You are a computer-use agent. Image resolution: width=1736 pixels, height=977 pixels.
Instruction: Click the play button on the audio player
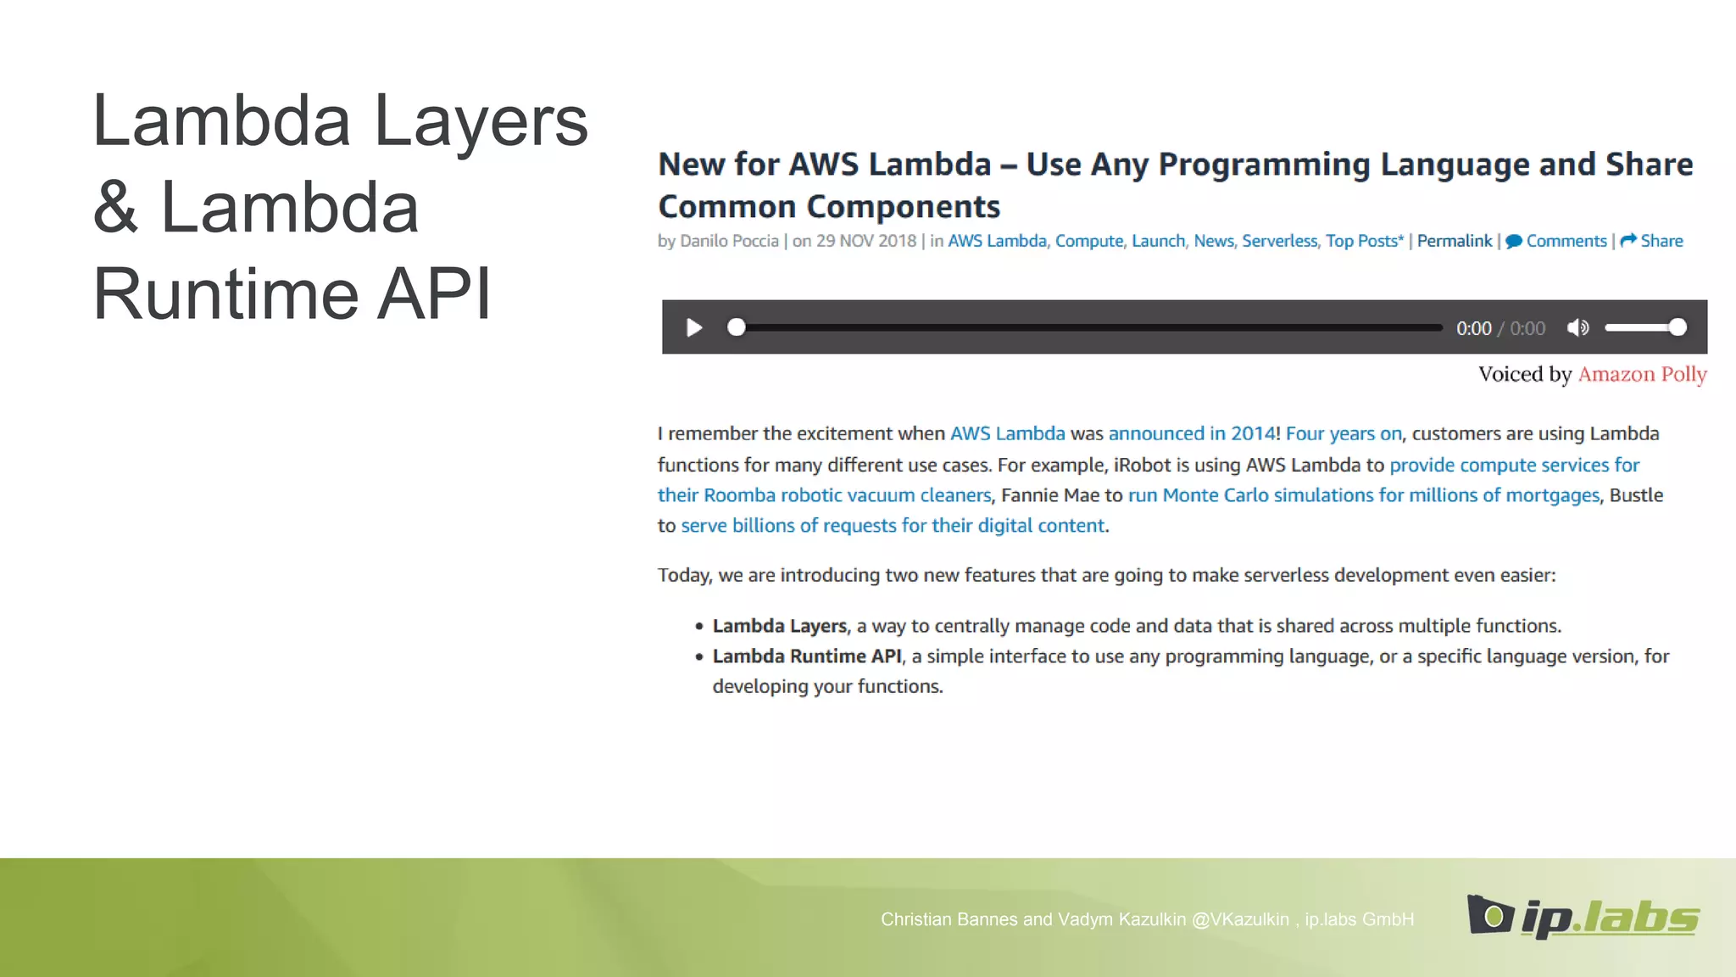pyautogui.click(x=693, y=328)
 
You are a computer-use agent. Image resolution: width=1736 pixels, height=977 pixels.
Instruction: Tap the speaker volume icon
pyautogui.click(x=1577, y=328)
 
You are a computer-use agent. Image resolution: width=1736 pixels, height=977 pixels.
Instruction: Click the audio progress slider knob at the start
pyautogui.click(x=737, y=327)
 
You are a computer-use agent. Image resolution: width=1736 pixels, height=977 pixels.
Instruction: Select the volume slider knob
pyautogui.click(x=1678, y=327)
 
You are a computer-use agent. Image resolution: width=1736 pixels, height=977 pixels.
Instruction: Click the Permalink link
pyautogui.click(x=1455, y=241)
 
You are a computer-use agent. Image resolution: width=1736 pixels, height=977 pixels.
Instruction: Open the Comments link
pyautogui.click(x=1566, y=241)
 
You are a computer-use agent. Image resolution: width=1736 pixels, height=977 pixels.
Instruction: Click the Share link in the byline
pyautogui.click(x=1661, y=241)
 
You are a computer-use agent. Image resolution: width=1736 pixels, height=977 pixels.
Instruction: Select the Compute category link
pyautogui.click(x=1088, y=241)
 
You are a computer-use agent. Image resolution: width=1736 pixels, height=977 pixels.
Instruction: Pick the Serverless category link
pyautogui.click(x=1279, y=241)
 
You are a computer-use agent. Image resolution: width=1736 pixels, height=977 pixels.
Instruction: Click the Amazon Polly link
pyautogui.click(x=1642, y=374)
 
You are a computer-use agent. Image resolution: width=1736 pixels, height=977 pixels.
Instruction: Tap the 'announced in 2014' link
pyautogui.click(x=1191, y=433)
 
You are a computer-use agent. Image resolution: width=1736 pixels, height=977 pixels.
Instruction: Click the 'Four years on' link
pyautogui.click(x=1343, y=433)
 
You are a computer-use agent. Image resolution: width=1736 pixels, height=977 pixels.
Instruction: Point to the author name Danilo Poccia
pyautogui.click(x=729, y=241)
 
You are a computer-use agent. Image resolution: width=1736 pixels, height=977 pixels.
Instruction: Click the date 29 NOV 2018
pyautogui.click(x=865, y=241)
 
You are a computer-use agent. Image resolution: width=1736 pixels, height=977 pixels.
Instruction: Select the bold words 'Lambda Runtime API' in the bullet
pyautogui.click(x=807, y=656)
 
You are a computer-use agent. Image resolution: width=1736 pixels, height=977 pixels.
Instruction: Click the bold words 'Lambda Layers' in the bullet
pyautogui.click(x=779, y=626)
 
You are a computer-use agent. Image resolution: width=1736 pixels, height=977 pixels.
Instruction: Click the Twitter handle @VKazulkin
pyautogui.click(x=1239, y=919)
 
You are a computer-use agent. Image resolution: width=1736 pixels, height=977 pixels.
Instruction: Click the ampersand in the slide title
pyautogui.click(x=115, y=208)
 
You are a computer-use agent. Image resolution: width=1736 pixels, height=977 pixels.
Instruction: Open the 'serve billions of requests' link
pyautogui.click(x=893, y=526)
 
